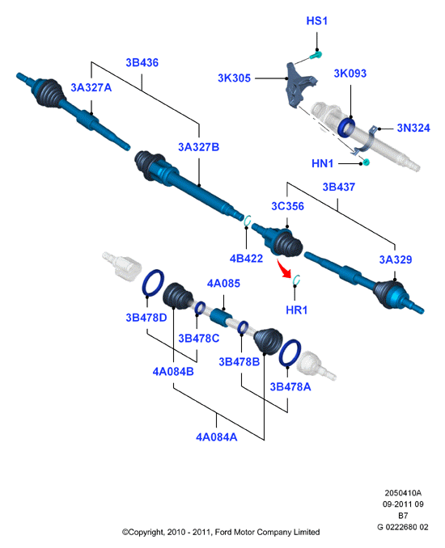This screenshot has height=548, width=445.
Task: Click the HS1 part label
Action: tap(316, 21)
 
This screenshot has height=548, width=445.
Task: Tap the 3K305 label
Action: tap(234, 78)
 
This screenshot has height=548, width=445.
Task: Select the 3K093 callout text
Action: tap(350, 74)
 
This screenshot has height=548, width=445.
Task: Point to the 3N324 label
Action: tap(413, 128)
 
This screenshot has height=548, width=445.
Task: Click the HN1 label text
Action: tap(322, 163)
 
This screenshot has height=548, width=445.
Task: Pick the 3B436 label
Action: tap(142, 62)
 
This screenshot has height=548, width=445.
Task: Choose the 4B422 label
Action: tap(246, 259)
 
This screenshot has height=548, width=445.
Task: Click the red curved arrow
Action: tap(284, 268)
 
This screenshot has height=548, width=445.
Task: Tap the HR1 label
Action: tap(296, 310)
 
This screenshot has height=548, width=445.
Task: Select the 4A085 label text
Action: tap(223, 284)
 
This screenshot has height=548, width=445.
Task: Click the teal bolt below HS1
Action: tap(316, 55)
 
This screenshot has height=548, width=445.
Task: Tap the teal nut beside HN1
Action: tap(366, 162)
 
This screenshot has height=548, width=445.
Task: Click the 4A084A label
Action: tap(217, 437)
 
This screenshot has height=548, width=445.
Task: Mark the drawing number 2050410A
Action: tap(403, 493)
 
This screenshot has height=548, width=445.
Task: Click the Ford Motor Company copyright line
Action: tap(221, 533)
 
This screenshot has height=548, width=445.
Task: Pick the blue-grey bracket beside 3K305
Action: tap(300, 86)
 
